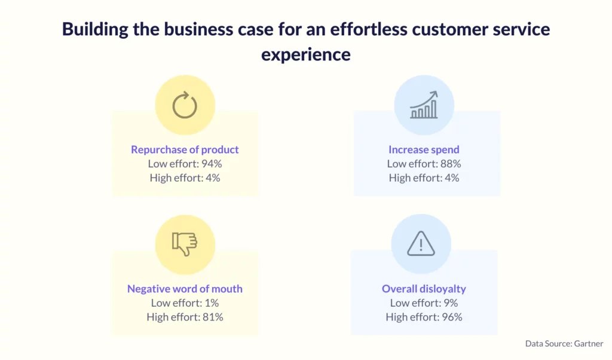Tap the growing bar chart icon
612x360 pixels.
pos(424,105)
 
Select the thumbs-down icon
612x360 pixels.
pos(185,244)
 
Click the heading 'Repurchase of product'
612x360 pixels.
pos(185,150)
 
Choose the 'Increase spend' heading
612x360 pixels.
pos(424,150)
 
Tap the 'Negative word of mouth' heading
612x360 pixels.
pos(185,289)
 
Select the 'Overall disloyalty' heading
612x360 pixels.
pos(424,289)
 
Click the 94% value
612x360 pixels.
pos(212,164)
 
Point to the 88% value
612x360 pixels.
pos(451,164)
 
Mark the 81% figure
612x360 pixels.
pos(213,317)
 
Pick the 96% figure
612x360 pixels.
pos(452,317)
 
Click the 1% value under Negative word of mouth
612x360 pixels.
pos(212,303)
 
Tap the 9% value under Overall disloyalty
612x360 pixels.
pos(451,303)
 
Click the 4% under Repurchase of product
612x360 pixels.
pos(213,178)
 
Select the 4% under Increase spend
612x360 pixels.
pos(452,178)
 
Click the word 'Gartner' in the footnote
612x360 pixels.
pos(589,344)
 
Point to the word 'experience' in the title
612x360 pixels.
pos(305,54)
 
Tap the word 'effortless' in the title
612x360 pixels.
pos(369,29)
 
